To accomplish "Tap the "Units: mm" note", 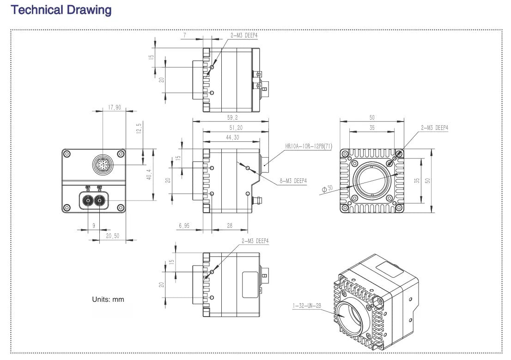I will (108, 299).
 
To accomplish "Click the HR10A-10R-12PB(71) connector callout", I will (309, 146).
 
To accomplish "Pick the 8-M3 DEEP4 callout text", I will (293, 181).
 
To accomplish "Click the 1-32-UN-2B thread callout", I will (306, 305).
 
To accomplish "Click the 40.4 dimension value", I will (149, 175).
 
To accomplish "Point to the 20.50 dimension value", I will (113, 236).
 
